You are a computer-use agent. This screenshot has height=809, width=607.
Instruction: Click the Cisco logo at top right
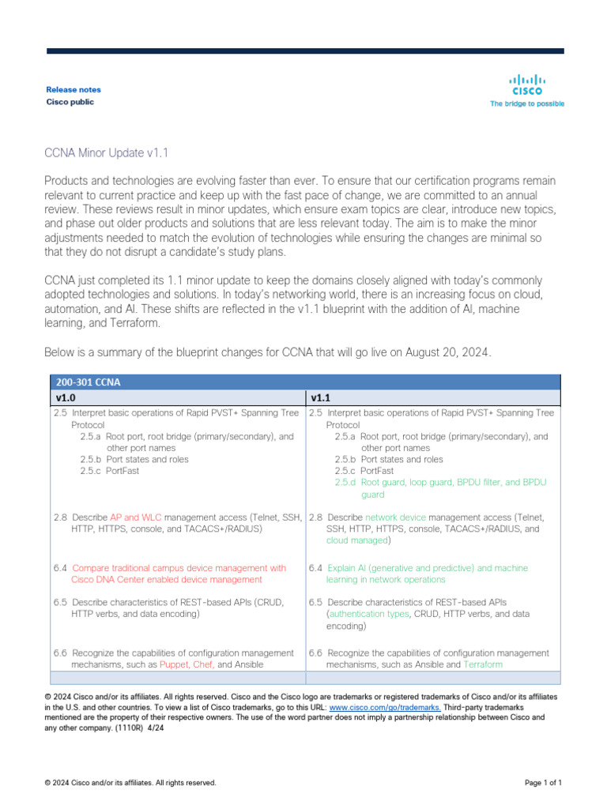(527, 84)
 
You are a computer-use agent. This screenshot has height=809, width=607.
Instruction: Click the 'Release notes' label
(74, 90)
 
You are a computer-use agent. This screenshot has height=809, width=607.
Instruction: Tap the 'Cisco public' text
(70, 102)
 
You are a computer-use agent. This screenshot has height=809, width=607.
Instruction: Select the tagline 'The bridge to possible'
(527, 103)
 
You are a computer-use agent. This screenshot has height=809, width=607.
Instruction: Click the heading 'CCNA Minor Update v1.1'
(107, 152)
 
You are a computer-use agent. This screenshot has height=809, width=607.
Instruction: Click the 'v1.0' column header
(65, 397)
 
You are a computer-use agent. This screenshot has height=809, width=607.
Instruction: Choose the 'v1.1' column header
(320, 397)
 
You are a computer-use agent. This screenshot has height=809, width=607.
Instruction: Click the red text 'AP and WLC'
(135, 517)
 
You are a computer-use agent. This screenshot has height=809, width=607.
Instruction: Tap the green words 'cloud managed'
(357, 540)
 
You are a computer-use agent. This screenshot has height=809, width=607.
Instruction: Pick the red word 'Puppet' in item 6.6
(174, 665)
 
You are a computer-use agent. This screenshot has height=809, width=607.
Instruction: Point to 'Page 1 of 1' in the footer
(543, 783)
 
